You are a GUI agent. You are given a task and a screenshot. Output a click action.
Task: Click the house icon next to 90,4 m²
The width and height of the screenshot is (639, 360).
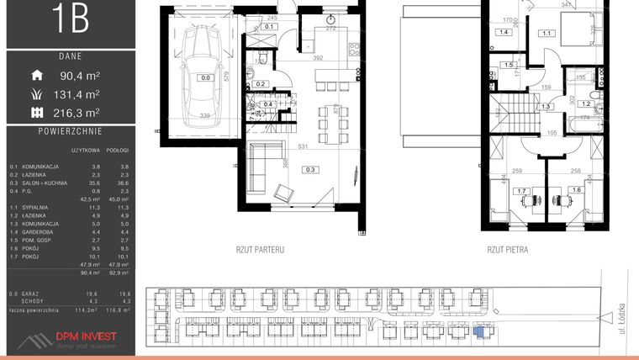coord(36,76)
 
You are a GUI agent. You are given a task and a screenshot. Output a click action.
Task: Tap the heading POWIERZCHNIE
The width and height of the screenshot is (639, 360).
coord(71,132)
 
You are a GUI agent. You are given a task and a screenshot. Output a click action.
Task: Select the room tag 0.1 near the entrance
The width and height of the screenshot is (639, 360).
coord(270,26)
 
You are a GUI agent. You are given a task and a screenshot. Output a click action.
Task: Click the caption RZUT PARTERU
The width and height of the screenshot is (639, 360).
coord(261,250)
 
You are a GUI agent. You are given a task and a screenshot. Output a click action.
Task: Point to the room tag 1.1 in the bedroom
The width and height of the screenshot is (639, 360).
coord(547,34)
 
